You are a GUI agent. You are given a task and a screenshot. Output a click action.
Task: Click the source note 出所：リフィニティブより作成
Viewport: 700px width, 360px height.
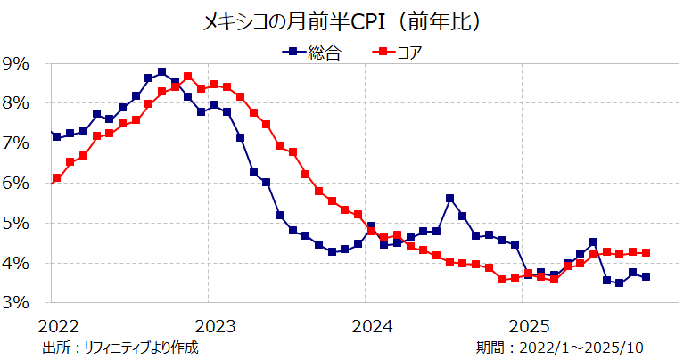(119, 348)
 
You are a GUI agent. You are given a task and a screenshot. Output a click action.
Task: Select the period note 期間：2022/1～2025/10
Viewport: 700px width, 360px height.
(560, 348)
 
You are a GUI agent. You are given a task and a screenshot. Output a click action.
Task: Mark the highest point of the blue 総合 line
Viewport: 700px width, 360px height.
(161, 72)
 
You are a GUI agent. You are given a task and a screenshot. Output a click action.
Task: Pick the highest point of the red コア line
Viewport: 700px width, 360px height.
(188, 77)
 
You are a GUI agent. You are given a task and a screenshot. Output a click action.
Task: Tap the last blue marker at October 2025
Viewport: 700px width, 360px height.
(646, 276)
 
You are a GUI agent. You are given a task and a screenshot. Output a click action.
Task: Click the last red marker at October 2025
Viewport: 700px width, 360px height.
(646, 252)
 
